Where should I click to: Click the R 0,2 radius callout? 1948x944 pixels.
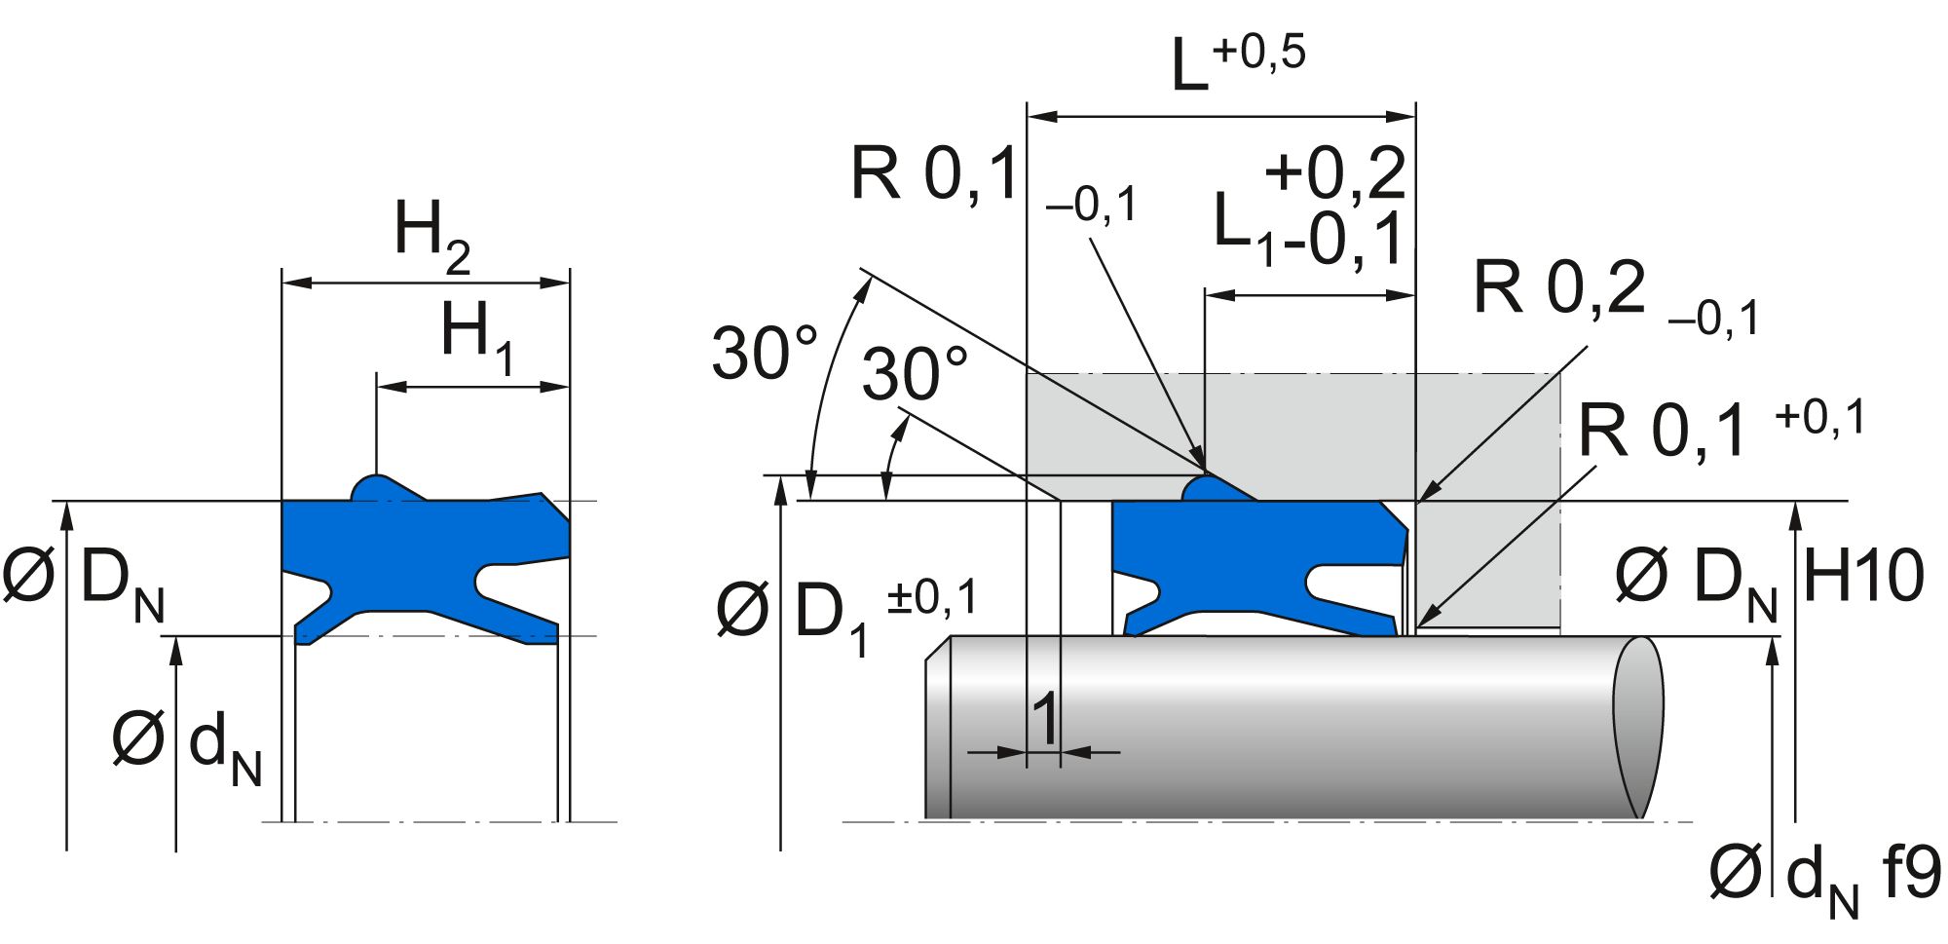[1559, 288]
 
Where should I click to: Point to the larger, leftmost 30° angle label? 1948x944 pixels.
[765, 353]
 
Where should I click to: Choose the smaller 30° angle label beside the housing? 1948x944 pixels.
[915, 374]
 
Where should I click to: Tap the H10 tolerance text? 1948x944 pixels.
[1863, 576]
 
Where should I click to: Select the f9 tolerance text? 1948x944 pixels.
[1910, 872]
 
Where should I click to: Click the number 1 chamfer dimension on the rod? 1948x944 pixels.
[1044, 719]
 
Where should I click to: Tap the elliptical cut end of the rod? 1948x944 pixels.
[1637, 727]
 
